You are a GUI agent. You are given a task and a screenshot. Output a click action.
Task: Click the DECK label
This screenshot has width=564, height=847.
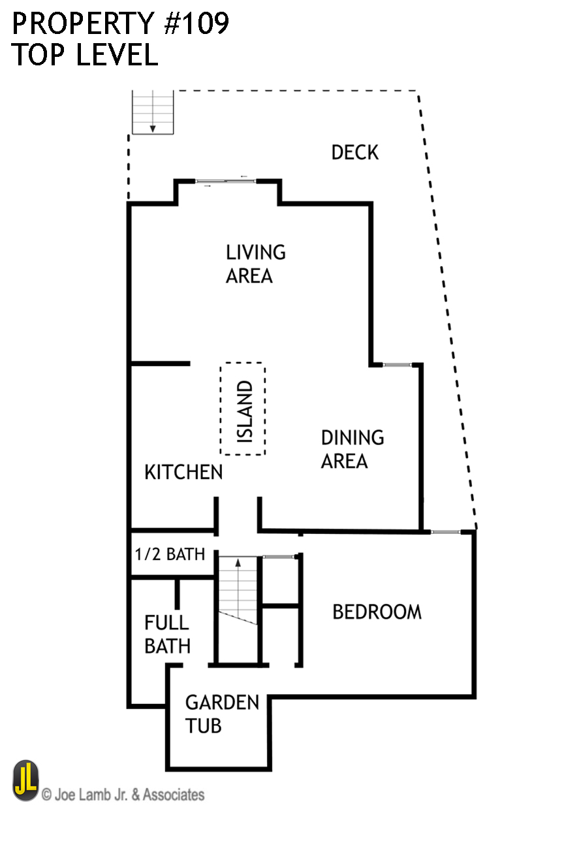click(354, 152)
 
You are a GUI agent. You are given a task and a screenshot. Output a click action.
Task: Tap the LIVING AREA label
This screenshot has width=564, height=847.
click(255, 263)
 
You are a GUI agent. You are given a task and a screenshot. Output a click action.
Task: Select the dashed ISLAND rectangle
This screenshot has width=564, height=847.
click(243, 408)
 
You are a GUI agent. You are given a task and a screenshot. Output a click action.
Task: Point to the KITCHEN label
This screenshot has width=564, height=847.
click(183, 472)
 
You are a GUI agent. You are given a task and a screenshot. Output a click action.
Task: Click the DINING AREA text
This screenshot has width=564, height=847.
click(352, 449)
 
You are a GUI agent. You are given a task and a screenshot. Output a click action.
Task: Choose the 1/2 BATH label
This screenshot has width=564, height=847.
click(170, 554)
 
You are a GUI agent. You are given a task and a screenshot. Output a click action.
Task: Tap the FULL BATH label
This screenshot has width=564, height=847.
click(167, 634)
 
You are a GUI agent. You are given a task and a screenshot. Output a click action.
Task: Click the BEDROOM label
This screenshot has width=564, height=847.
click(377, 612)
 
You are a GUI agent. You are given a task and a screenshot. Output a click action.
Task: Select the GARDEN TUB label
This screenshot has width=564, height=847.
click(221, 714)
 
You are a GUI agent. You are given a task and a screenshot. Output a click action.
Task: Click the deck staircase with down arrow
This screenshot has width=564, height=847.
click(153, 112)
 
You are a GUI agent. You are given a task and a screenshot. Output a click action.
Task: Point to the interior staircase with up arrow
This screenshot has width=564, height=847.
click(238, 590)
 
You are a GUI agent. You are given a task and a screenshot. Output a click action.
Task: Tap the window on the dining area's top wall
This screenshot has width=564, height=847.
click(397, 365)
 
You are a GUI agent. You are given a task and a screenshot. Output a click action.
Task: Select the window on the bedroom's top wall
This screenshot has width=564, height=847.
click(447, 532)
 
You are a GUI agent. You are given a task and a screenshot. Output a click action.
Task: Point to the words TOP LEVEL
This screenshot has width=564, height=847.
click(84, 56)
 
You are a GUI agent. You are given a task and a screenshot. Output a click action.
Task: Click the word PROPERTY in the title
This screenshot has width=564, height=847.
click(81, 24)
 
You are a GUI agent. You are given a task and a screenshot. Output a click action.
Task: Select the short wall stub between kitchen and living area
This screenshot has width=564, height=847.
click(161, 363)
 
